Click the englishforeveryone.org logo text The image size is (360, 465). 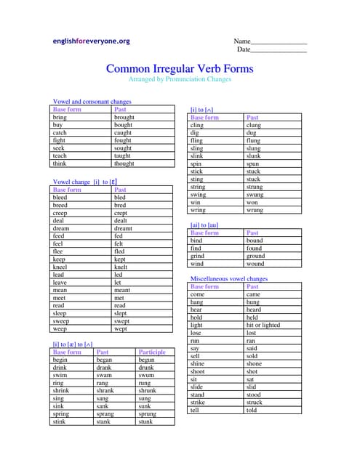(91, 41)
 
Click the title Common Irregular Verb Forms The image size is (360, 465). (180, 69)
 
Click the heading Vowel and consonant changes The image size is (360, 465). (92, 102)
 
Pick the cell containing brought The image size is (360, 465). (124, 117)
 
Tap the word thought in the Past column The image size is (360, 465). (124, 163)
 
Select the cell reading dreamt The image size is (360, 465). (125, 228)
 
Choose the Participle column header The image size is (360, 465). (152, 352)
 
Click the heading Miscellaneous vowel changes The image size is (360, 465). (228, 279)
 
